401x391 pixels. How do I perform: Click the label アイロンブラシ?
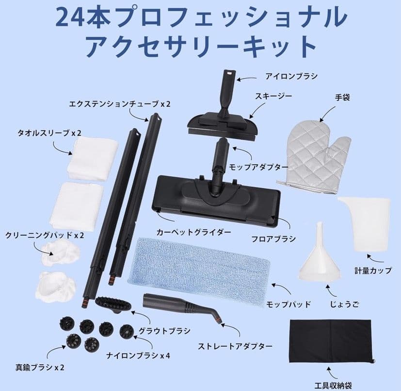point(291,76)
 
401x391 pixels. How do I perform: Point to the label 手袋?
point(343,98)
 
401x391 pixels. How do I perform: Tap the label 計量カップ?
point(373,271)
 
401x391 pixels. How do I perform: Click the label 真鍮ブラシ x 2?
point(32,367)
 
